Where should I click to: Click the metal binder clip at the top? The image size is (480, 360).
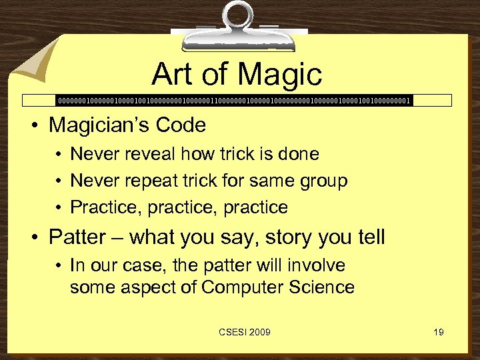(239, 23)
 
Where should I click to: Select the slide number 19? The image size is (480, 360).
(438, 332)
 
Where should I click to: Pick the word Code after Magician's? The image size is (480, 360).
(185, 125)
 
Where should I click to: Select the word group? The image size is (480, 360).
(324, 181)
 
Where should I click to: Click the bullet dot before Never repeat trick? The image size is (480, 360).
(59, 181)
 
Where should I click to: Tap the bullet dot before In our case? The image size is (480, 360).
(59, 265)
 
